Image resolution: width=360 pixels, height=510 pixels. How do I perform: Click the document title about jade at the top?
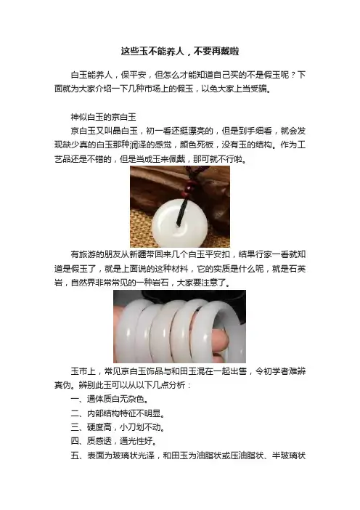click(180, 52)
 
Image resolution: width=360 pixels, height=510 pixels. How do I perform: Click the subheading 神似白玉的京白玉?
click(103, 117)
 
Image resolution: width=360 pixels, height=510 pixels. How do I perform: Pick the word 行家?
click(263, 254)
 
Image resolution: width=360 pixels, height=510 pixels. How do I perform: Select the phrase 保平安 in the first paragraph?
click(134, 75)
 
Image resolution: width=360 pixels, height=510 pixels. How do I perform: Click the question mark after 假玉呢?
click(293, 75)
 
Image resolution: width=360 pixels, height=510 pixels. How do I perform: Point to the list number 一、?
click(78, 399)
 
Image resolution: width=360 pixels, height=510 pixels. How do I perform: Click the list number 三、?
click(78, 427)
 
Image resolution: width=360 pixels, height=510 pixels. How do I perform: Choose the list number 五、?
click(78, 456)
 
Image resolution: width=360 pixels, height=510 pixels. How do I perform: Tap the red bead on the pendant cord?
click(190, 188)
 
